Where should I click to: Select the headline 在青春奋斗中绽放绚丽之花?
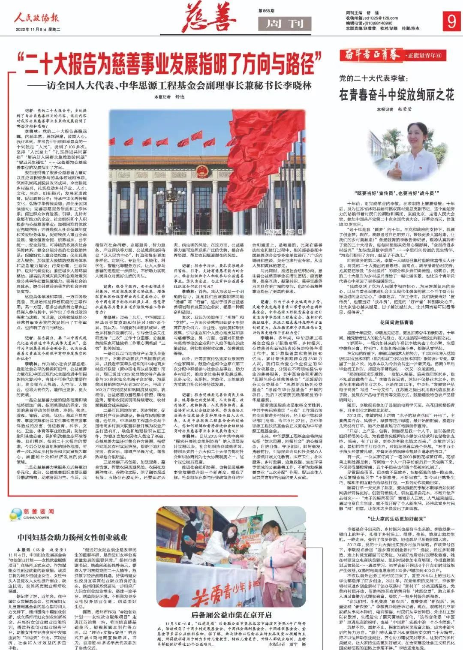[396, 95]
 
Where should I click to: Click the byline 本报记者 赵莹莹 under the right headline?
[394, 109]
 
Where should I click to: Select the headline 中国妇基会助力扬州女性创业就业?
[72, 537]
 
